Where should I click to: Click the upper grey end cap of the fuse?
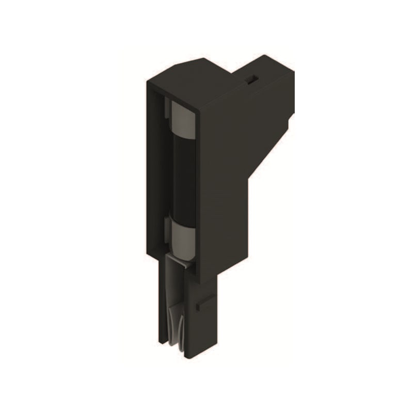tap(182, 118)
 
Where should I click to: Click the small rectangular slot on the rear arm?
tap(251, 79)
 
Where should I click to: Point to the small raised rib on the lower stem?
tap(203, 305)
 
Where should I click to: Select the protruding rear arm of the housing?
tap(268, 88)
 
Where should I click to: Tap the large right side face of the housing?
tap(227, 170)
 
